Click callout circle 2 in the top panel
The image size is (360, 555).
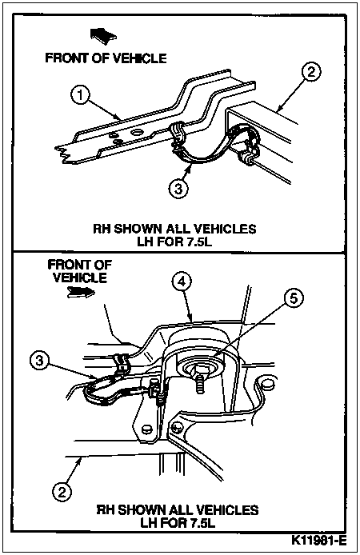point(310,72)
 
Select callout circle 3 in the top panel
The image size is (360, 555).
point(178,189)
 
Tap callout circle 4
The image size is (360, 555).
point(182,281)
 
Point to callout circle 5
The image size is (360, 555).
point(294,298)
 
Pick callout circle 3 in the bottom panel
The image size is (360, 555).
point(40,361)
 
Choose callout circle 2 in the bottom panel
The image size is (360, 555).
point(62,492)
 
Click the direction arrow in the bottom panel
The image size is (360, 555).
point(81,292)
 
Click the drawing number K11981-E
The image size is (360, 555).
point(318,541)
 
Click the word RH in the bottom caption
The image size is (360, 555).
point(105,510)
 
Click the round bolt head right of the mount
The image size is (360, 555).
point(268,384)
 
